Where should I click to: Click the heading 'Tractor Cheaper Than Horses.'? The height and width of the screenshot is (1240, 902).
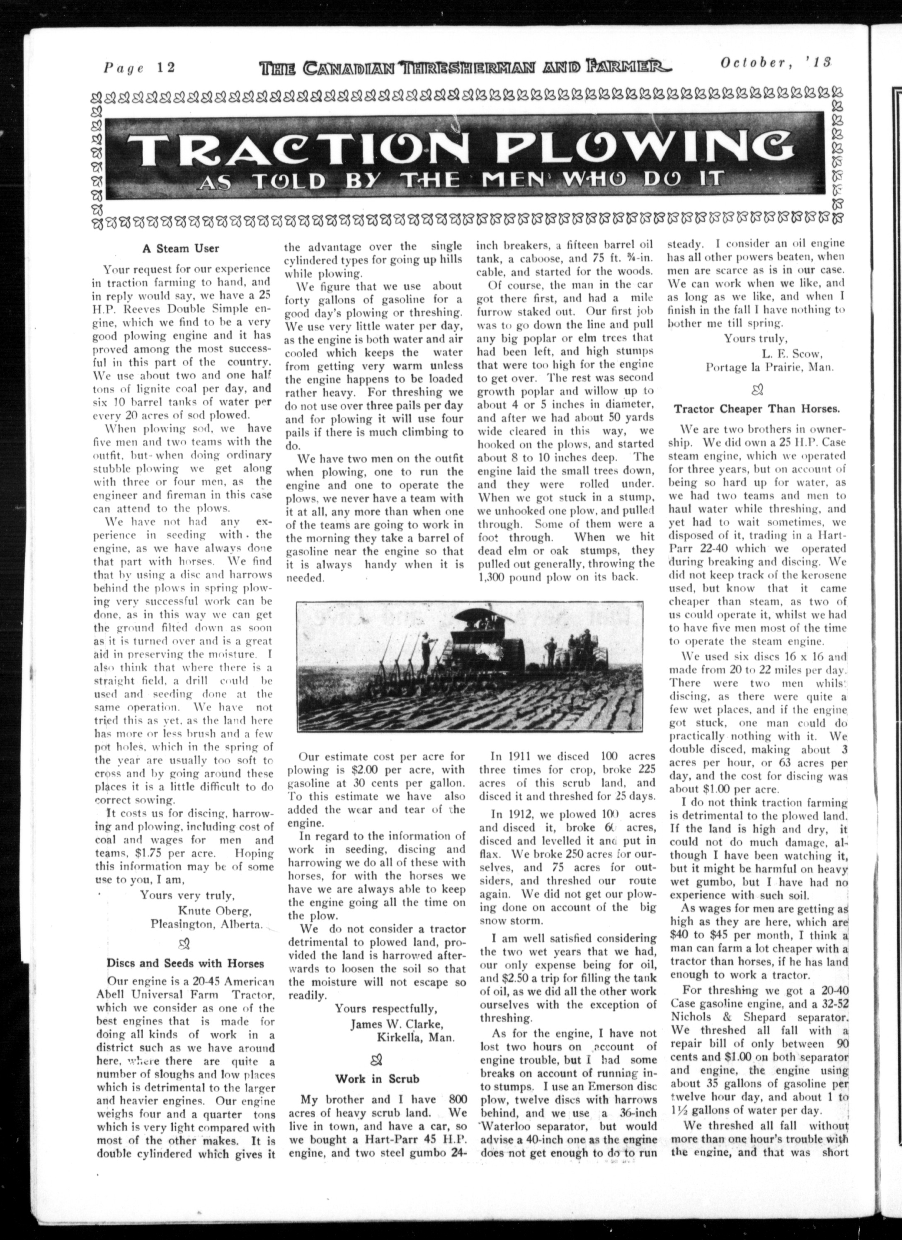(757, 408)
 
